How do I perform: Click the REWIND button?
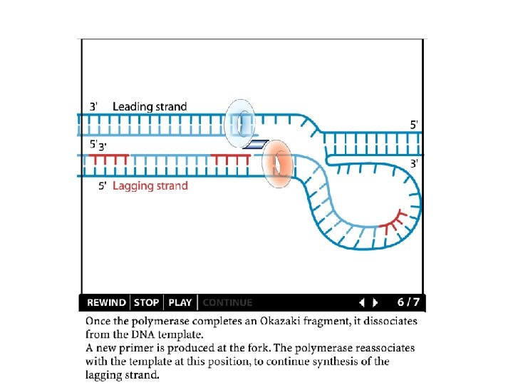[106, 302]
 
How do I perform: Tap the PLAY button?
[180, 302]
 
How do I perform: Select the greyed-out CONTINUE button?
[227, 302]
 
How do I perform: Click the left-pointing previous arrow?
[361, 302]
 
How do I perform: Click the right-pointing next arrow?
[376, 302]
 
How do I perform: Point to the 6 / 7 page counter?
[408, 302]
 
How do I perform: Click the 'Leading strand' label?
[150, 106]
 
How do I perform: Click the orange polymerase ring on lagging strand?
[278, 165]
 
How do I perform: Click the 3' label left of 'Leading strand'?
[94, 106]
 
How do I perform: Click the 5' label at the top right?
[414, 124]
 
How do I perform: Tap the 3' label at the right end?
[414, 163]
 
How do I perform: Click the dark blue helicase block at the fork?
[255, 145]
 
